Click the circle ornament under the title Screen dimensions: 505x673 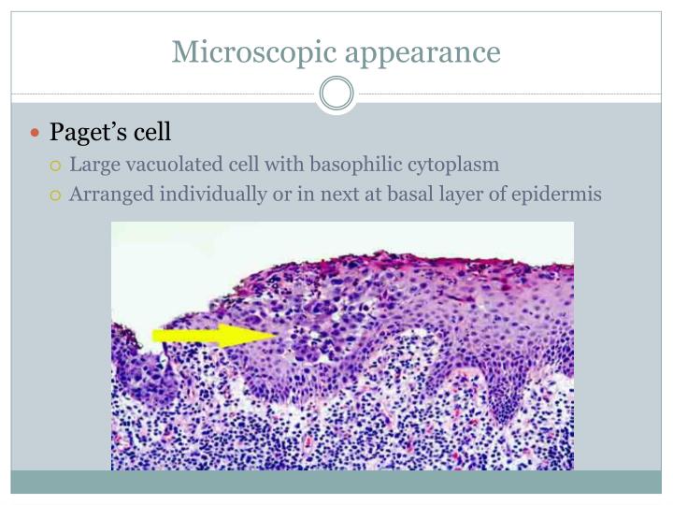pos(336,94)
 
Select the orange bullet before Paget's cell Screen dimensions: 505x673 pos(36,133)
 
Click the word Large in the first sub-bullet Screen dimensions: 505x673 pos(93,166)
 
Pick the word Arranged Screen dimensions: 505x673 pos(108,195)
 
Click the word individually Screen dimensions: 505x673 pos(203,195)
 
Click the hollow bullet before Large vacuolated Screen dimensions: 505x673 pos(56,166)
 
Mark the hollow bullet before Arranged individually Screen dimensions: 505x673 pos(56,195)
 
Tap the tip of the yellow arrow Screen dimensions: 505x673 pos(276,335)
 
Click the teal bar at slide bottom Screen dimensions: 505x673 pos(336,482)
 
